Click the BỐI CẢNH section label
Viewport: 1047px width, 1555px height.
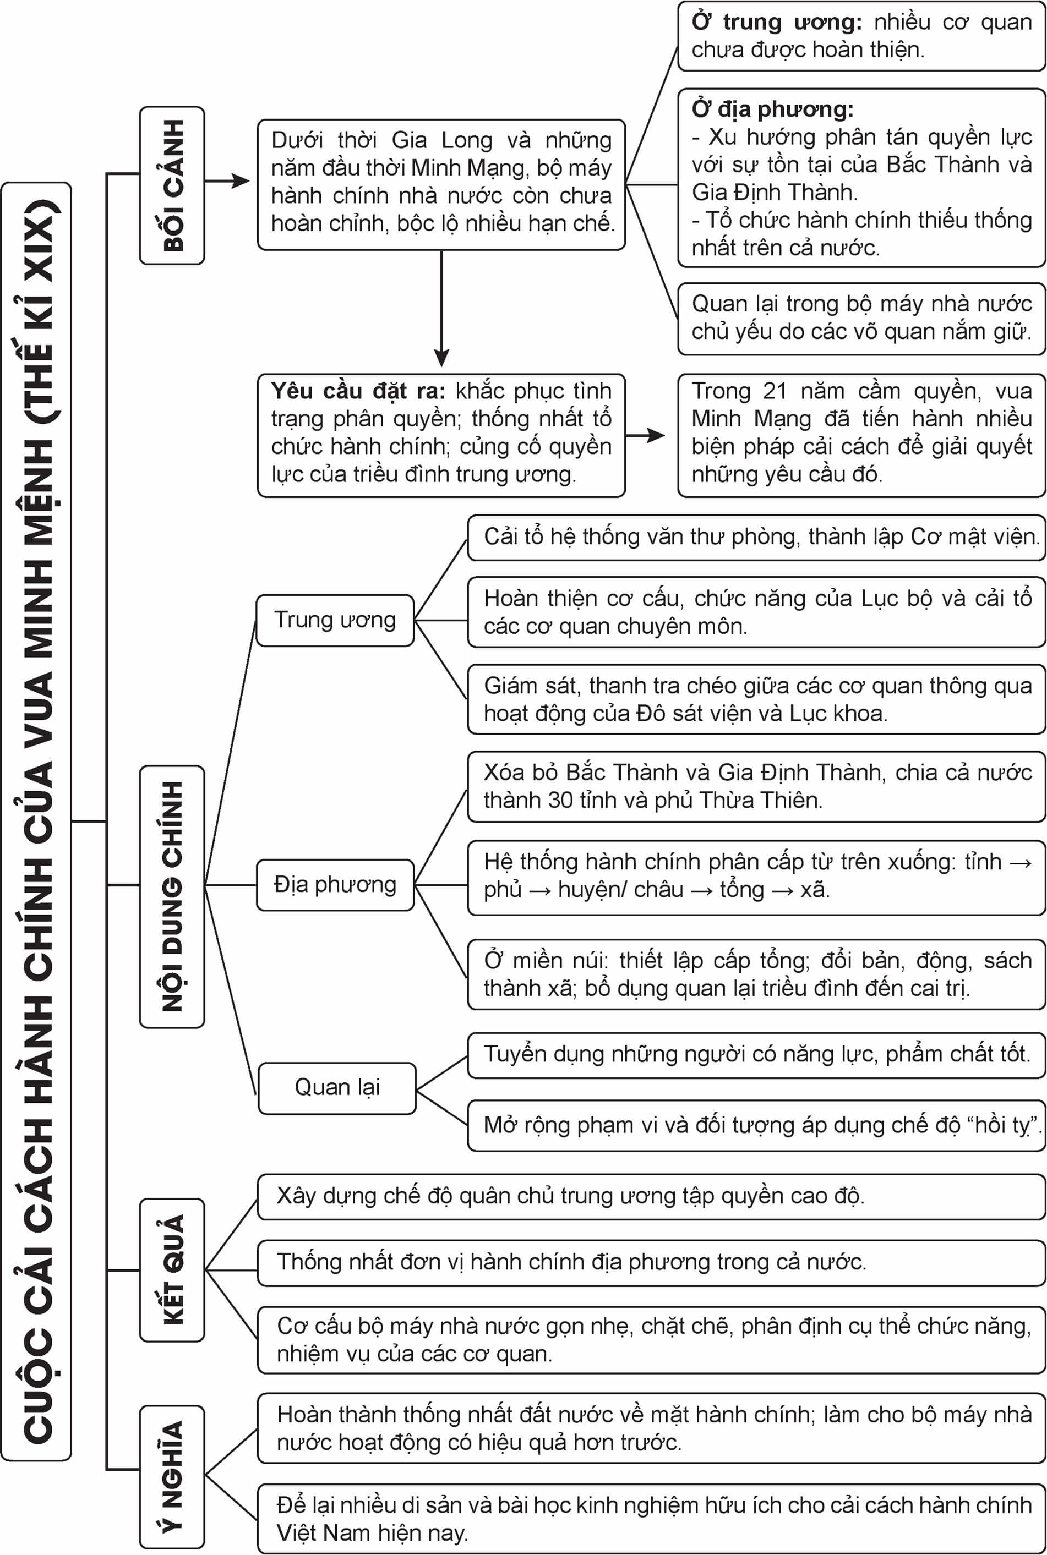(172, 185)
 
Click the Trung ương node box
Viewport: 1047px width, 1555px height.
(335, 620)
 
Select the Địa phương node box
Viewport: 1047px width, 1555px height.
(335, 885)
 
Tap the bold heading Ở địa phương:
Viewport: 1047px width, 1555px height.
(772, 109)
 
